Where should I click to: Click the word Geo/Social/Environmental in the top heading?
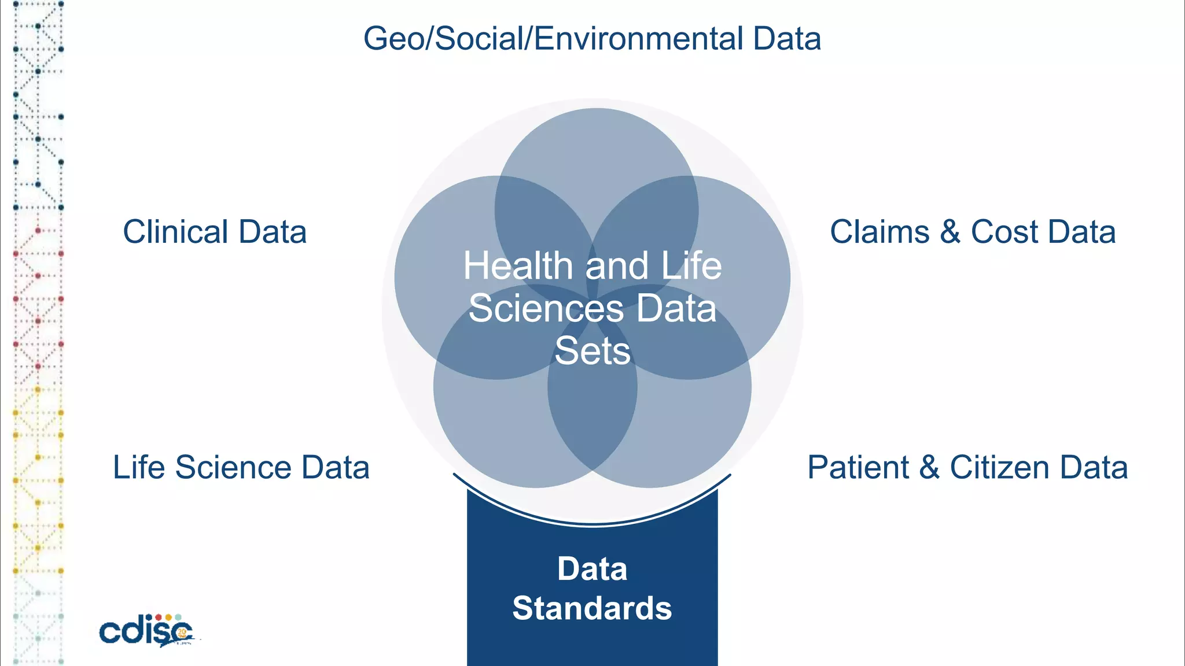coord(553,39)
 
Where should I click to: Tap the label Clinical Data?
coord(215,232)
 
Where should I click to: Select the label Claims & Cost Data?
coord(973,232)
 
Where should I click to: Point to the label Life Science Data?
coord(241,467)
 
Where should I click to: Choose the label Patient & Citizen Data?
coord(967,467)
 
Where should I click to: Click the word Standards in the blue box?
coord(592,608)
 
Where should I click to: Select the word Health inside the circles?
coord(518,266)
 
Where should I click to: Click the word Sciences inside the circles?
coord(546,308)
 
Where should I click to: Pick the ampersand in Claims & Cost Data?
coord(950,232)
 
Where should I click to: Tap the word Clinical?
coord(175,232)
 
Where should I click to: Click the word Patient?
coord(858,467)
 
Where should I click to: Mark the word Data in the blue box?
coord(592,569)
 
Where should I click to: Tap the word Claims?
coord(879,232)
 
